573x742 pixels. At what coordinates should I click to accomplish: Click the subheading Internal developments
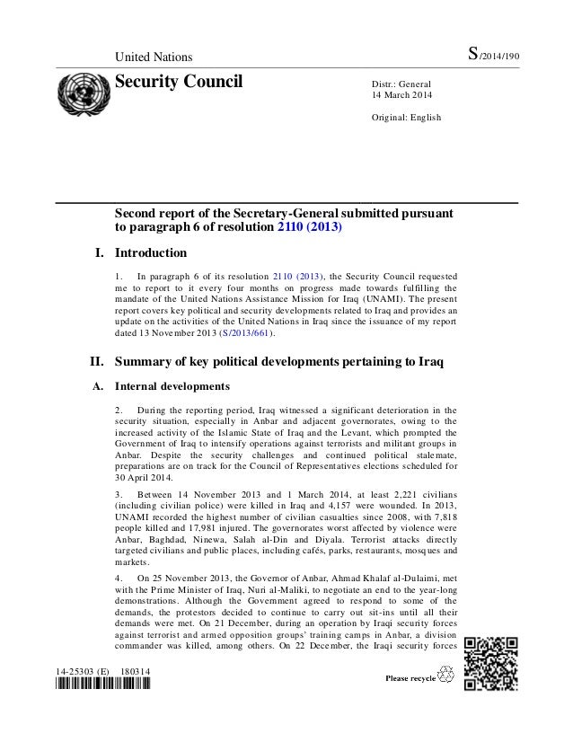point(171,387)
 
